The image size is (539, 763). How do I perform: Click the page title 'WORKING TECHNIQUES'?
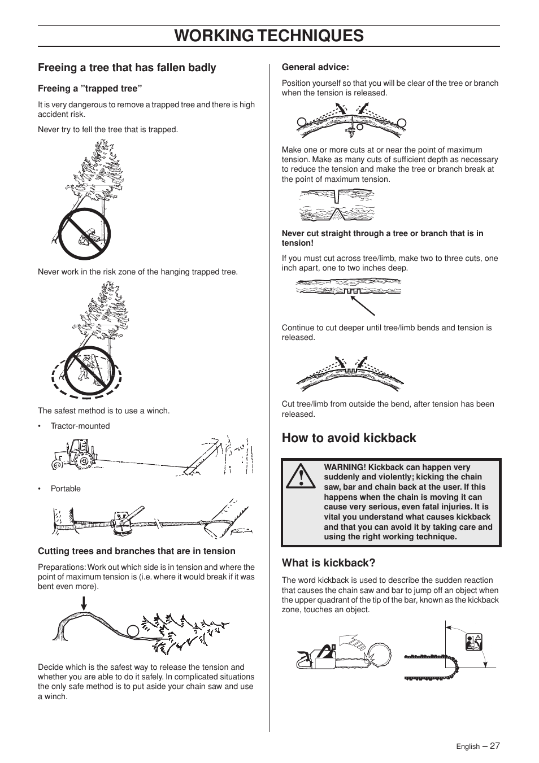tap(269, 36)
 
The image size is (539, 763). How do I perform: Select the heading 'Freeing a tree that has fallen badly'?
tap(127, 68)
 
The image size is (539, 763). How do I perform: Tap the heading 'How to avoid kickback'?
tap(349, 438)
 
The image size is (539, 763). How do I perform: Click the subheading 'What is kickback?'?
tap(328, 563)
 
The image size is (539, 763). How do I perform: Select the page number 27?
tap(494, 745)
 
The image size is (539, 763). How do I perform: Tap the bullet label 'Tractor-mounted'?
tap(80, 426)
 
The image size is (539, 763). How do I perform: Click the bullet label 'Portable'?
tap(66, 489)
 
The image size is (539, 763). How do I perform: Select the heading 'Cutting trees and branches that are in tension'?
tap(136, 551)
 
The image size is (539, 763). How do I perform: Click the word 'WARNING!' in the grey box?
tap(344, 467)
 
